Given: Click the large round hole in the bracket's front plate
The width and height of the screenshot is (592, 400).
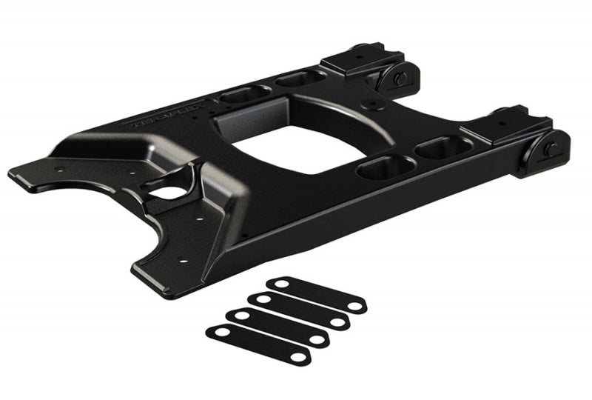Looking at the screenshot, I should [x=171, y=194].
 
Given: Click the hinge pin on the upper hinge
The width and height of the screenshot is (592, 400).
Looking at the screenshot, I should [x=399, y=79].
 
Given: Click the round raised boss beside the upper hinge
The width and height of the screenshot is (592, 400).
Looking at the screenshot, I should [x=373, y=104].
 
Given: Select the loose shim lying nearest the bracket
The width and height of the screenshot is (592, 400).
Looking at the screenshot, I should [x=317, y=294].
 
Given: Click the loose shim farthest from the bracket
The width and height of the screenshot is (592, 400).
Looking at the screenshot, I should [x=257, y=344].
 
